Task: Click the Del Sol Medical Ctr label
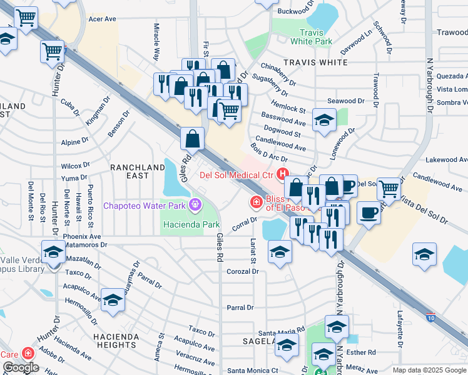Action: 237,174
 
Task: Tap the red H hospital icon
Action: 283,174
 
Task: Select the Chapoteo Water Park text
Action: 146,205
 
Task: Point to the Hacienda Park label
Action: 191,224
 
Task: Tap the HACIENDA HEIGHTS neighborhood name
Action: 116,341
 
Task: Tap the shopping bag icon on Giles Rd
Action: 193,139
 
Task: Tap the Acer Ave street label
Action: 103,19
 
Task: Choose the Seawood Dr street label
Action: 345,101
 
